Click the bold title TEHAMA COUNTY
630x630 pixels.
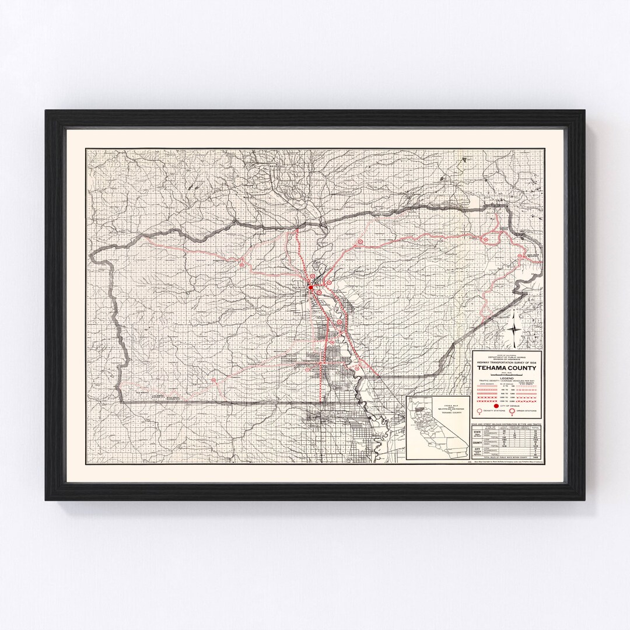click(x=506, y=367)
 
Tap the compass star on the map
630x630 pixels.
click(x=514, y=330)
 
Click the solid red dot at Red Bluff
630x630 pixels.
click(x=311, y=286)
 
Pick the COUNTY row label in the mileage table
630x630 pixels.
click(x=478, y=443)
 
